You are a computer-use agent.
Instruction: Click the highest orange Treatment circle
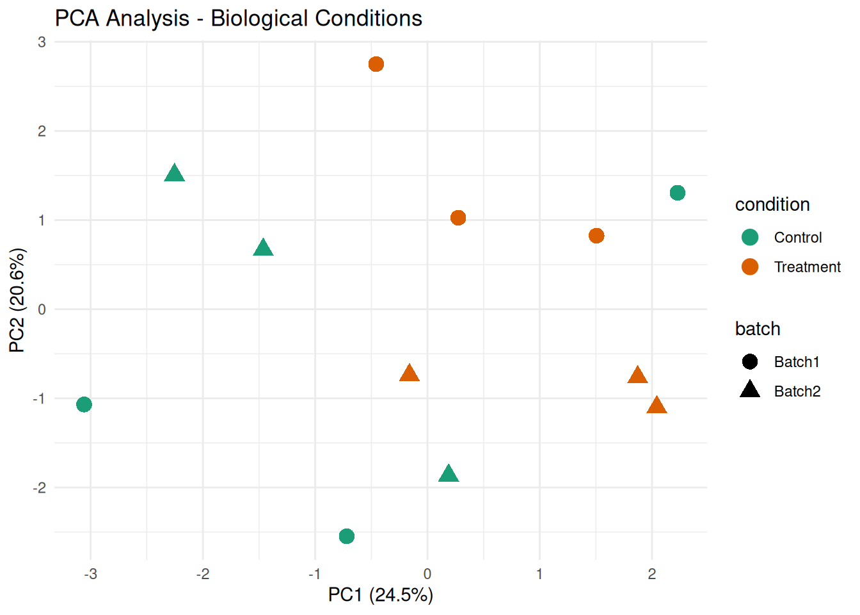376,64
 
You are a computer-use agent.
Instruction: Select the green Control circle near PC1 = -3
84,404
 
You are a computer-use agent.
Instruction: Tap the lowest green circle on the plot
346,536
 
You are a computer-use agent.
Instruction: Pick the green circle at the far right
678,193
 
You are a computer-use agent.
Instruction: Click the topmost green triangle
174,174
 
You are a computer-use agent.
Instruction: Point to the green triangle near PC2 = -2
449,475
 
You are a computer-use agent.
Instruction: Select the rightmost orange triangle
657,406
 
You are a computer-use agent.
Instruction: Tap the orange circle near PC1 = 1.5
596,236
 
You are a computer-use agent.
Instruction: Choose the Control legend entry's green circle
750,238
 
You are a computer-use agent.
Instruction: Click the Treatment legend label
807,267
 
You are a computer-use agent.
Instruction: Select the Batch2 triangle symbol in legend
750,389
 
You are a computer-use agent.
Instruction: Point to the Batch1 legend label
797,362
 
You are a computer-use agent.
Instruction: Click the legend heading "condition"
772,204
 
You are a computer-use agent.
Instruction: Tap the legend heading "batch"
758,329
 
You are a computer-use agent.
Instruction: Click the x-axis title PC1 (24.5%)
381,595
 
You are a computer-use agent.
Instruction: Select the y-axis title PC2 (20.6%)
17,300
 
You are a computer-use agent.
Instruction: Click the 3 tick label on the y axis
42,42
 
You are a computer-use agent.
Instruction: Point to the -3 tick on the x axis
90,574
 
